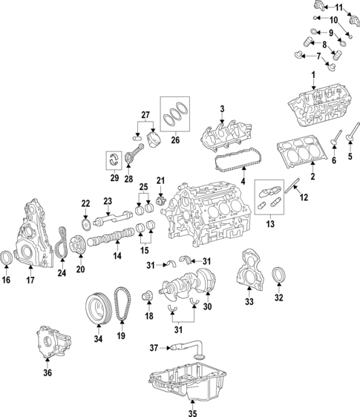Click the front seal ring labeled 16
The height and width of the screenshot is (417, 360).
pos(7,258)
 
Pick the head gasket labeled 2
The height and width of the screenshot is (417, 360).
pos(299,153)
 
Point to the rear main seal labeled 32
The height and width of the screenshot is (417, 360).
pos(279,275)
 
